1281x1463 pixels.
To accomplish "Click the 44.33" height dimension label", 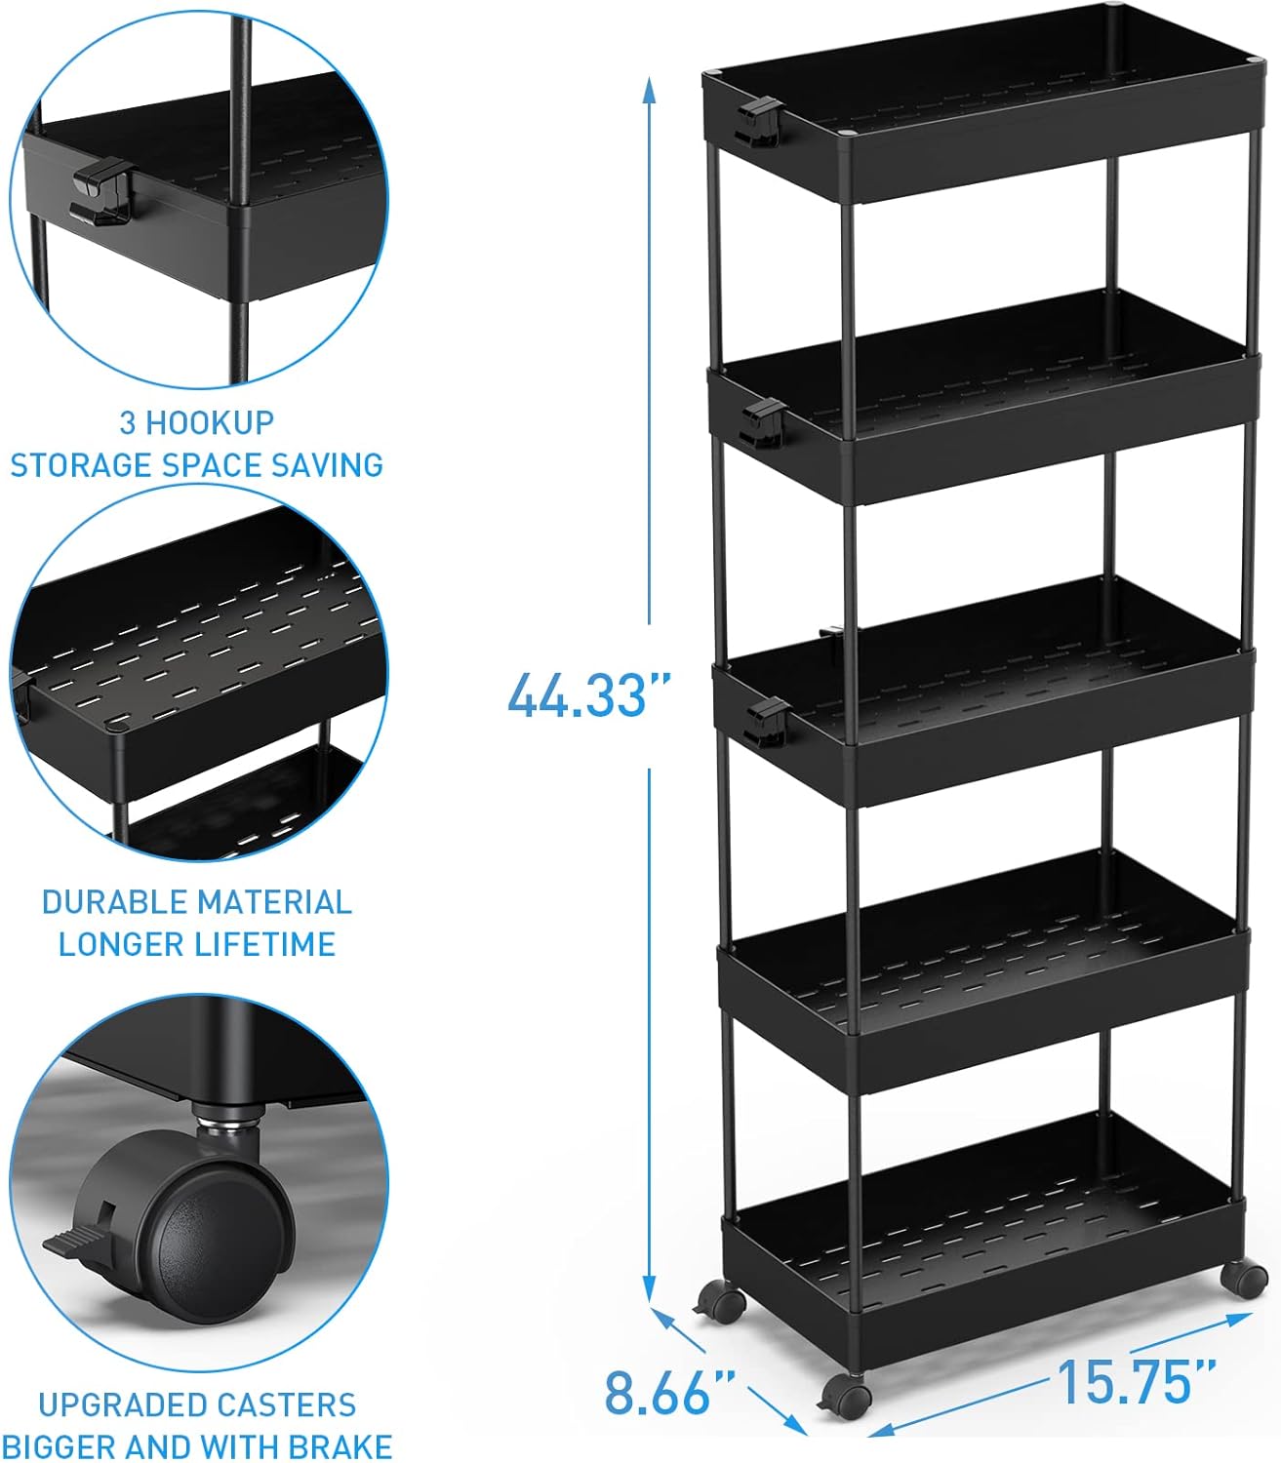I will pyautogui.click(x=590, y=695).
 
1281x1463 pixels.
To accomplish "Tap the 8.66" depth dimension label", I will pyautogui.click(x=669, y=1392).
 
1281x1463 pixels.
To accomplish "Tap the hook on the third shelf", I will pyautogui.click(x=766, y=722).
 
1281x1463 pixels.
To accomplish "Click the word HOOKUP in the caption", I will pyautogui.click(x=211, y=422).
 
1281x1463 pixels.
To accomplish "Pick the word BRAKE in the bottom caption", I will pyautogui.click(x=342, y=1445).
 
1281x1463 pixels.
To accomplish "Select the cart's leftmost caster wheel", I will pyautogui.click(x=720, y=1302).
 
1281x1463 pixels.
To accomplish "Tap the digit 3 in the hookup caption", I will pyautogui.click(x=127, y=422).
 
